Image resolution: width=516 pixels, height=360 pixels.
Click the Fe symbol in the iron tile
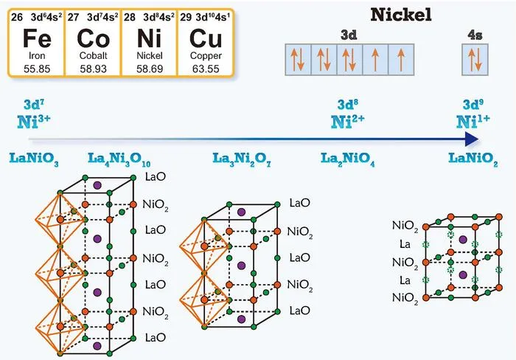pyautogui.click(x=37, y=38)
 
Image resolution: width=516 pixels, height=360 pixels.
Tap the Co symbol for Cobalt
pyautogui.click(x=93, y=38)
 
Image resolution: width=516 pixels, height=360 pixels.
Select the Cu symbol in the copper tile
pyautogui.click(x=206, y=38)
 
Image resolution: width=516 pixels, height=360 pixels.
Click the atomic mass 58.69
pyautogui.click(x=150, y=69)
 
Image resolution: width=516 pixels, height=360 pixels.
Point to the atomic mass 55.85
pyautogui.click(x=37, y=69)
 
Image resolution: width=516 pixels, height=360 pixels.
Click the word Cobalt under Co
pyautogui.click(x=93, y=55)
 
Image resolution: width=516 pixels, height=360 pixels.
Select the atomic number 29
pyautogui.click(x=186, y=17)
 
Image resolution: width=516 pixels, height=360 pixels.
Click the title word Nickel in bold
pyautogui.click(x=401, y=15)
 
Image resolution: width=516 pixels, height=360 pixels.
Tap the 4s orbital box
pyautogui.click(x=475, y=60)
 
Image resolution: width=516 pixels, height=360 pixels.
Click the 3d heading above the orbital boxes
pyautogui.click(x=349, y=35)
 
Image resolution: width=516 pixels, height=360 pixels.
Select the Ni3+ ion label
pyautogui.click(x=34, y=121)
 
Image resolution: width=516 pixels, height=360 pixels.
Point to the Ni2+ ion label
pyautogui.click(x=347, y=121)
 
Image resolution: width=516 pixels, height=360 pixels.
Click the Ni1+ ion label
pyautogui.click(x=473, y=121)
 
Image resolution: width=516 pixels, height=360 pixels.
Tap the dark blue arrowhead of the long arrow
pyautogui.click(x=472, y=139)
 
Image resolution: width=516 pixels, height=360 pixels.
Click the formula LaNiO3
pyautogui.click(x=34, y=159)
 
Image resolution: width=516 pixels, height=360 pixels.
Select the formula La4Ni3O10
pyautogui.click(x=119, y=159)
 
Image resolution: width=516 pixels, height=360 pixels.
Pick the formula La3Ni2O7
pyautogui.click(x=242, y=159)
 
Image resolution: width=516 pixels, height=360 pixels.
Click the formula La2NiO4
pyautogui.click(x=347, y=159)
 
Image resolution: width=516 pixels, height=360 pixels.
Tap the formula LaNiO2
pyautogui.click(x=473, y=159)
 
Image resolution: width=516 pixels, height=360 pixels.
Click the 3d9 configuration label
pyautogui.click(x=473, y=105)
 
